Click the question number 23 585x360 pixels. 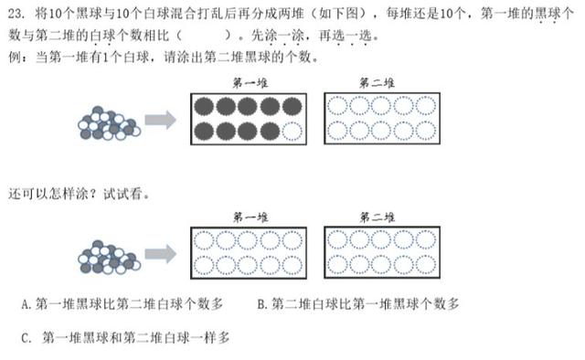[x=16, y=14]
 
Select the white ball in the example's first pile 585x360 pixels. [x=292, y=132]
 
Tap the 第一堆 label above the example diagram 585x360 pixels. [x=250, y=83]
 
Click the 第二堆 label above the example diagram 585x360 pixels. [x=377, y=83]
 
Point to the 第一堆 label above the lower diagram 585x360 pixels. [x=250, y=217]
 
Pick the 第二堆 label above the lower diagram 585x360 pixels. [x=377, y=217]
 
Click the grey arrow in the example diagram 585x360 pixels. [x=161, y=120]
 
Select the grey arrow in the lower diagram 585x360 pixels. [x=161, y=254]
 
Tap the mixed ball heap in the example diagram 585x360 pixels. [x=109, y=122]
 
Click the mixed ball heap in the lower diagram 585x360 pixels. [x=109, y=257]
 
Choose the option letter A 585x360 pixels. [x=26, y=304]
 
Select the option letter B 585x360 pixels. [x=261, y=304]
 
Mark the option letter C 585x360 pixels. [x=26, y=338]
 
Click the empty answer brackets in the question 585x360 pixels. [x=204, y=36]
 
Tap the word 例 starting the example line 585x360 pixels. [x=15, y=57]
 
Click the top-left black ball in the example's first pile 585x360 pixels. [x=204, y=107]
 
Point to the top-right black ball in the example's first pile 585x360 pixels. [x=292, y=107]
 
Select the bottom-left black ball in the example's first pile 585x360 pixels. [x=204, y=132]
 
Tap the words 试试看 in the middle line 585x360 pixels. [x=122, y=194]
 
